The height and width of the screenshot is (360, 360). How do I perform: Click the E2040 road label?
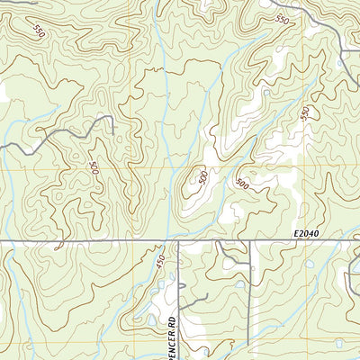click(306, 233)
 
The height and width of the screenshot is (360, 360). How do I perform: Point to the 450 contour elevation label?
click(160, 261)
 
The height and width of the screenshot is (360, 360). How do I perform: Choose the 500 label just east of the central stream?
click(241, 184)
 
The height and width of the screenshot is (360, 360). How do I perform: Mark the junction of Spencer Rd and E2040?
click(178, 241)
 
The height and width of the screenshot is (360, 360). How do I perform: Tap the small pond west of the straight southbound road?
click(241, 286)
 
